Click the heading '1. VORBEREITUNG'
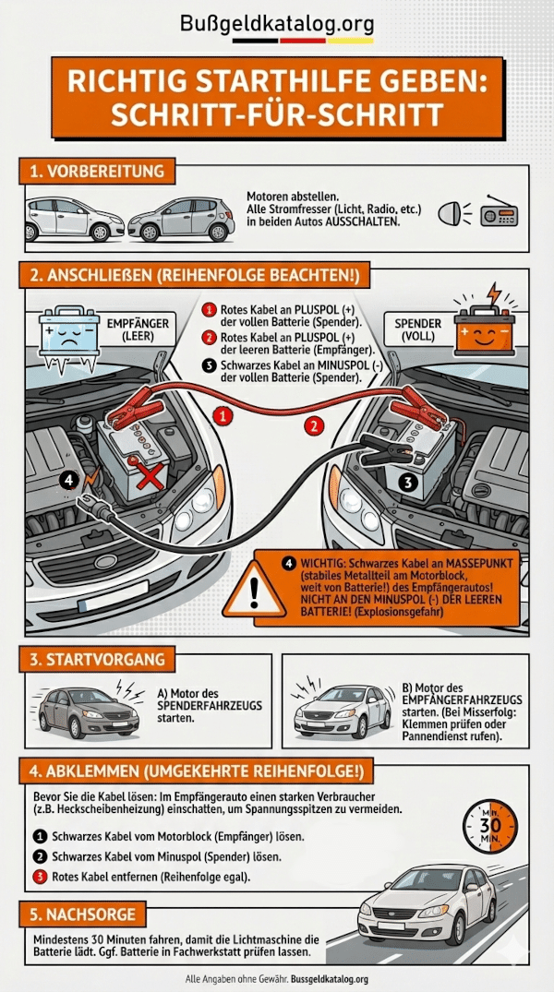(96, 172)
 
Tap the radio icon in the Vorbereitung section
(501, 215)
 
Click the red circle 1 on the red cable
(223, 417)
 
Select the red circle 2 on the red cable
(315, 425)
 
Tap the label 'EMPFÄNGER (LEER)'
(139, 331)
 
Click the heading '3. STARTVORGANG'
(96, 660)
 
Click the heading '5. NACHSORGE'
(84, 914)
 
